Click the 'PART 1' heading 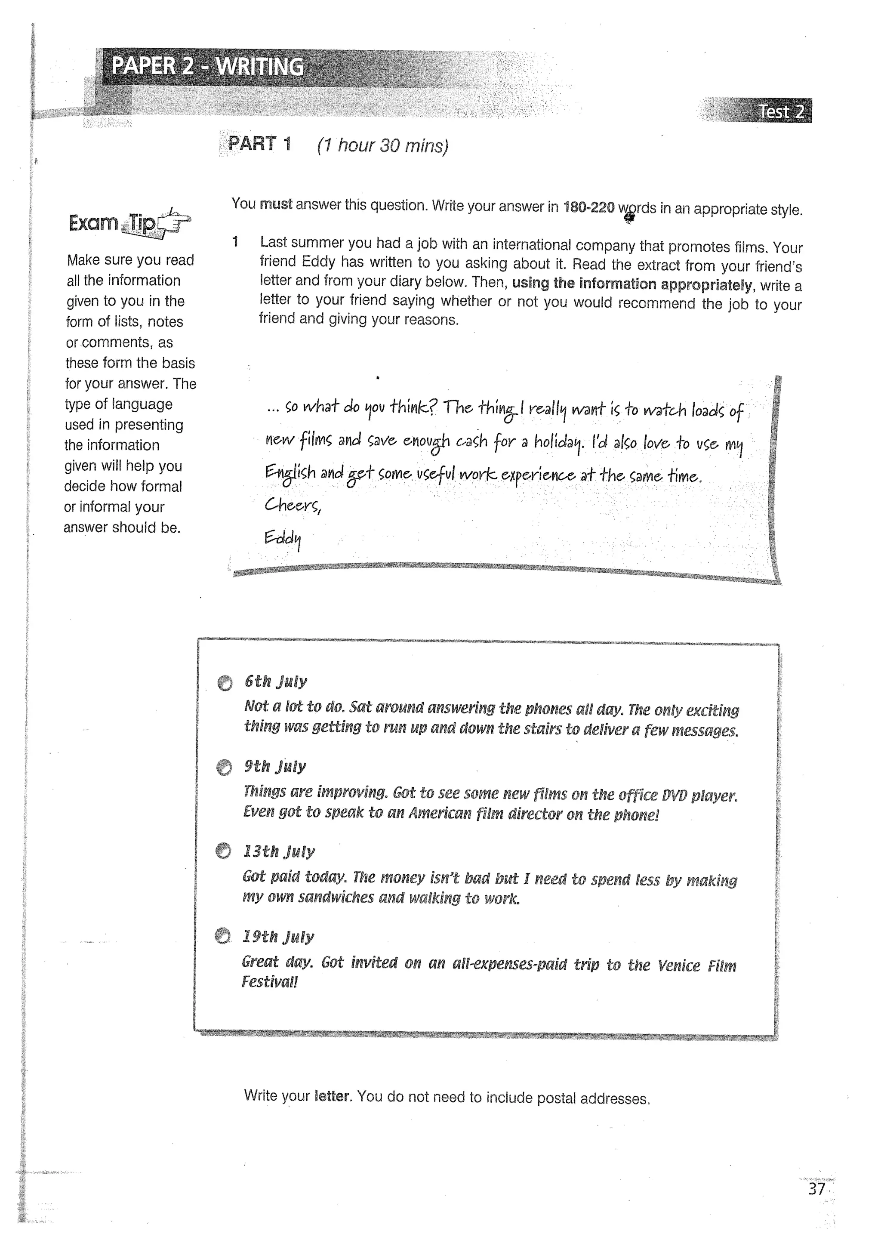click(x=259, y=143)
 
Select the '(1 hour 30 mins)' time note click(x=382, y=145)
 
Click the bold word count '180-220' click(x=588, y=207)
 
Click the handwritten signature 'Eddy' click(x=282, y=538)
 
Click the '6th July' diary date click(x=276, y=681)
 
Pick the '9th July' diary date click(x=274, y=766)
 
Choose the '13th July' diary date click(x=278, y=851)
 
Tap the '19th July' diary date click(x=278, y=936)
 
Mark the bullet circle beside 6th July click(x=225, y=683)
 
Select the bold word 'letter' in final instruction click(x=332, y=1096)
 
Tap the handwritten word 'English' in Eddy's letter click(x=290, y=472)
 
